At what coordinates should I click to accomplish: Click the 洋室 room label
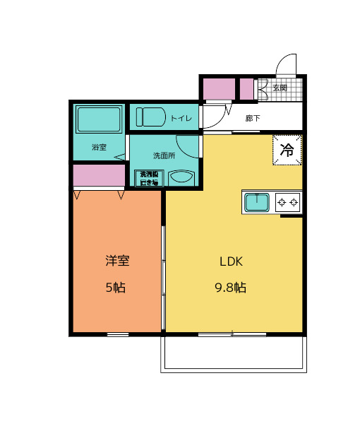(x=117, y=261)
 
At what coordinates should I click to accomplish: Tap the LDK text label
(x=231, y=261)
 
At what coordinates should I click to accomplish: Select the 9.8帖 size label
(x=231, y=288)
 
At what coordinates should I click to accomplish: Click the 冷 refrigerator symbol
(x=287, y=149)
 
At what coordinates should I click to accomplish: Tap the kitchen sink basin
(x=256, y=203)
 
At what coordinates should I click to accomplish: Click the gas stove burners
(x=288, y=203)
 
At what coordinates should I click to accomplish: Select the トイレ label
(x=181, y=118)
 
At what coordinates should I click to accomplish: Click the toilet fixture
(x=150, y=116)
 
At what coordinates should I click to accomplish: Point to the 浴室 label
(x=99, y=148)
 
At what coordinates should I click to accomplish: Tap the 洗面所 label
(x=163, y=155)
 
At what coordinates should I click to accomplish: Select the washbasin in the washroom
(x=181, y=178)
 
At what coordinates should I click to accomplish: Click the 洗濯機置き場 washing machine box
(x=150, y=177)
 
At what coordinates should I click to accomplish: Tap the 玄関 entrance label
(x=280, y=88)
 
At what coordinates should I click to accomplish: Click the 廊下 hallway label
(x=252, y=118)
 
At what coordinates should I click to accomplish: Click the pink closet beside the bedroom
(x=97, y=175)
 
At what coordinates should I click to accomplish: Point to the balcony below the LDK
(x=234, y=353)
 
